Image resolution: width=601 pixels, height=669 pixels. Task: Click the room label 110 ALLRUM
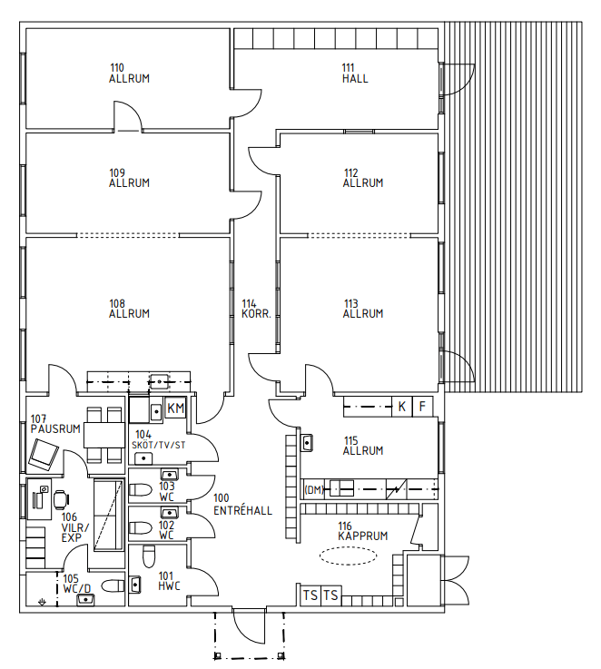click(129, 74)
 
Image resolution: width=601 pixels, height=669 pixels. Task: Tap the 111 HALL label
click(355, 74)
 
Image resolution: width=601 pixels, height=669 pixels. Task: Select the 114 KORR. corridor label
click(256, 310)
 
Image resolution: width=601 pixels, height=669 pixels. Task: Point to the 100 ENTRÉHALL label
click(242, 505)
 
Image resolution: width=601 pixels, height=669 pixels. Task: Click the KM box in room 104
click(175, 408)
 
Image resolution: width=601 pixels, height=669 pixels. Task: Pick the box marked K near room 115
click(401, 406)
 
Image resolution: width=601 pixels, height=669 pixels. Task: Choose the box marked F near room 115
click(422, 406)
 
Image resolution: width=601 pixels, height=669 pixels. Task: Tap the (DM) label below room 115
click(314, 490)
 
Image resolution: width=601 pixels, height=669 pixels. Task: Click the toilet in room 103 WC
click(140, 490)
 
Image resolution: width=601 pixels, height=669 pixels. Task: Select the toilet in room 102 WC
click(140, 527)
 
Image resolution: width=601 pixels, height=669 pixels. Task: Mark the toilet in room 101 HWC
click(149, 556)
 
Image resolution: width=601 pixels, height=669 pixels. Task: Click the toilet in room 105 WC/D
click(113, 585)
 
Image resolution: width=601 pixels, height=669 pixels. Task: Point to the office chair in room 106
click(62, 499)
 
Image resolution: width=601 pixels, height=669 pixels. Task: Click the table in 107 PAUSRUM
click(104, 435)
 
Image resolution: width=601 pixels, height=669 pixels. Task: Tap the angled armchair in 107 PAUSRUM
click(44, 453)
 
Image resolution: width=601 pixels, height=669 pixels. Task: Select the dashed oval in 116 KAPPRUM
click(349, 556)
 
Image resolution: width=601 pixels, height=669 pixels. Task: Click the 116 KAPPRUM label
click(363, 531)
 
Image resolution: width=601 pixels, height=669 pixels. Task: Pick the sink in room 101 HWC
click(135, 585)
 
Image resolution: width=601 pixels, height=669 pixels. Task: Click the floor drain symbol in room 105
click(42, 602)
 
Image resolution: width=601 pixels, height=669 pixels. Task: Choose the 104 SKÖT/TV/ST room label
click(158, 440)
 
